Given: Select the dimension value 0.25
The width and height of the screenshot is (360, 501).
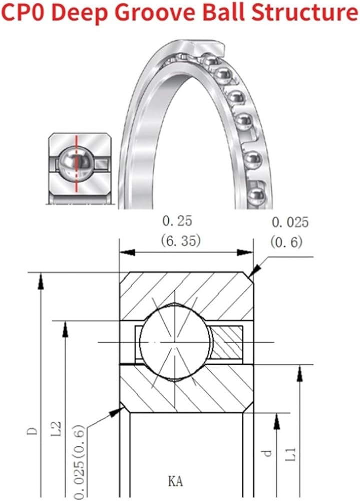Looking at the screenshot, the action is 177,221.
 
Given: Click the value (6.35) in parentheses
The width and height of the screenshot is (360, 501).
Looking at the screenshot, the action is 181,240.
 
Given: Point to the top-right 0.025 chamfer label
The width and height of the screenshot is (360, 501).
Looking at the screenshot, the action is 290,222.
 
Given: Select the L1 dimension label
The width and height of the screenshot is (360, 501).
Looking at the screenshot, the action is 291,454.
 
